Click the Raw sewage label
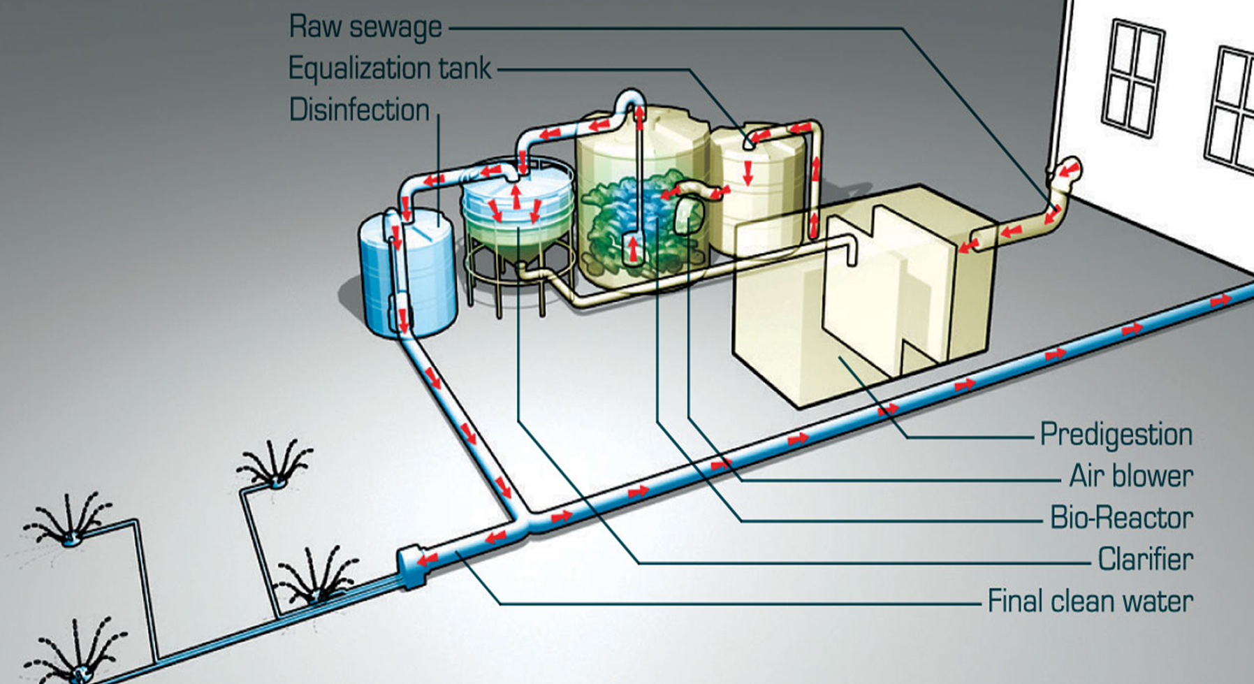(x=365, y=27)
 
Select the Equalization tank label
(x=390, y=68)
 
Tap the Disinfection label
(x=359, y=110)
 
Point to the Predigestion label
(x=1116, y=435)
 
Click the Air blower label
(x=1130, y=476)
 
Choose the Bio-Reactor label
(x=1121, y=518)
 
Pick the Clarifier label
(x=1144, y=559)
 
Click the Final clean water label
(x=1090, y=601)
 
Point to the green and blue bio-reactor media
(x=629, y=217)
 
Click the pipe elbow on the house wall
(x=1065, y=175)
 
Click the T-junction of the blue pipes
(x=520, y=521)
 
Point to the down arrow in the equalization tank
(x=748, y=173)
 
